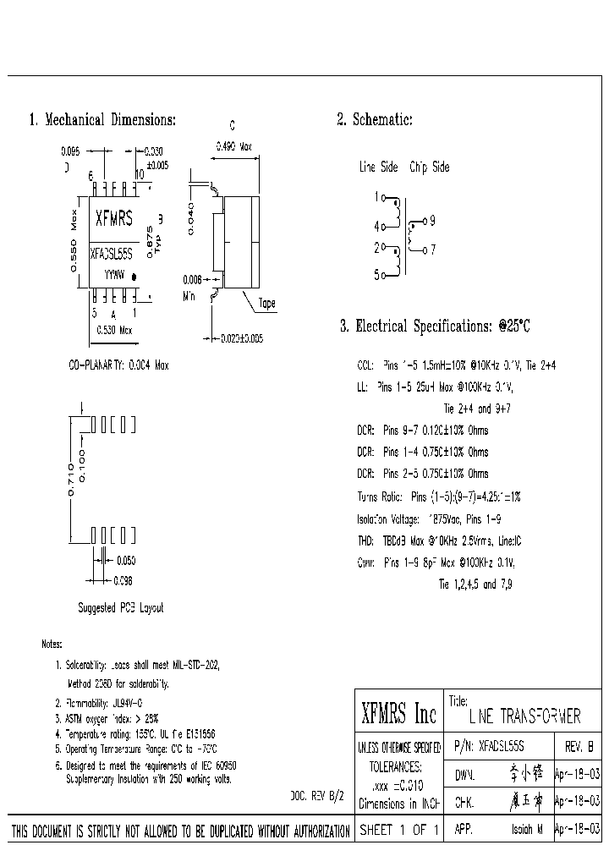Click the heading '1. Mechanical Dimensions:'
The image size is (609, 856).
(102, 120)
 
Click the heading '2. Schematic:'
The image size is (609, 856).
(375, 120)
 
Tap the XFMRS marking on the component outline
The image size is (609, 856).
(113, 219)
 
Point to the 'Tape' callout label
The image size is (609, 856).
(266, 303)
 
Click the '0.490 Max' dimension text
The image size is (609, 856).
(234, 146)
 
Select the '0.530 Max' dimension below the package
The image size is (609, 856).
(113, 330)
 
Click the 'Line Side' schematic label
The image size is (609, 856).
(378, 167)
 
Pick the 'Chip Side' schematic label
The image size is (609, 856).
(429, 167)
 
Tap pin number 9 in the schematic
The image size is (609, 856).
(432, 222)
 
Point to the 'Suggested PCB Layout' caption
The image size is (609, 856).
(121, 607)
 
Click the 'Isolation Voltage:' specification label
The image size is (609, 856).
(388, 518)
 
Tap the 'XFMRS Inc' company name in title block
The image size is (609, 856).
(398, 716)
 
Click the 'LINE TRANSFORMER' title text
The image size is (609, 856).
(524, 717)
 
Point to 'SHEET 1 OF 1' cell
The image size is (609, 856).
(398, 831)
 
